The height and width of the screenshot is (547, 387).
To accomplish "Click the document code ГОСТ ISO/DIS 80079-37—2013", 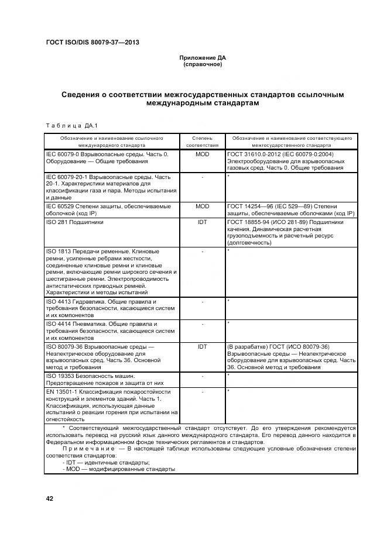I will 92,42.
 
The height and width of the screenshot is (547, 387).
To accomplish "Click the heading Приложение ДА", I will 202,58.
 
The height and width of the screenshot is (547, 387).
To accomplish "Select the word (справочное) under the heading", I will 202,64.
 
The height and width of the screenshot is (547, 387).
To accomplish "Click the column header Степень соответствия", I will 202,142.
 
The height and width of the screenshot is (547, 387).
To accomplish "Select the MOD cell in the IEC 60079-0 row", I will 202,154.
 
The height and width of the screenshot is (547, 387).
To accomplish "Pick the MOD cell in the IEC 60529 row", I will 202,207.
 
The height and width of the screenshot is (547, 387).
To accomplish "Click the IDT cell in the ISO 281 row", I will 202,222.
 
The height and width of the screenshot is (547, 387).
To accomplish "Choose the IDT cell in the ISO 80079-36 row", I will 202,347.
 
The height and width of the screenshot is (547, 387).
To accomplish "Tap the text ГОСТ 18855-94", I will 250,222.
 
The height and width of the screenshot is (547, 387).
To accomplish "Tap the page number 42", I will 50,498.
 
